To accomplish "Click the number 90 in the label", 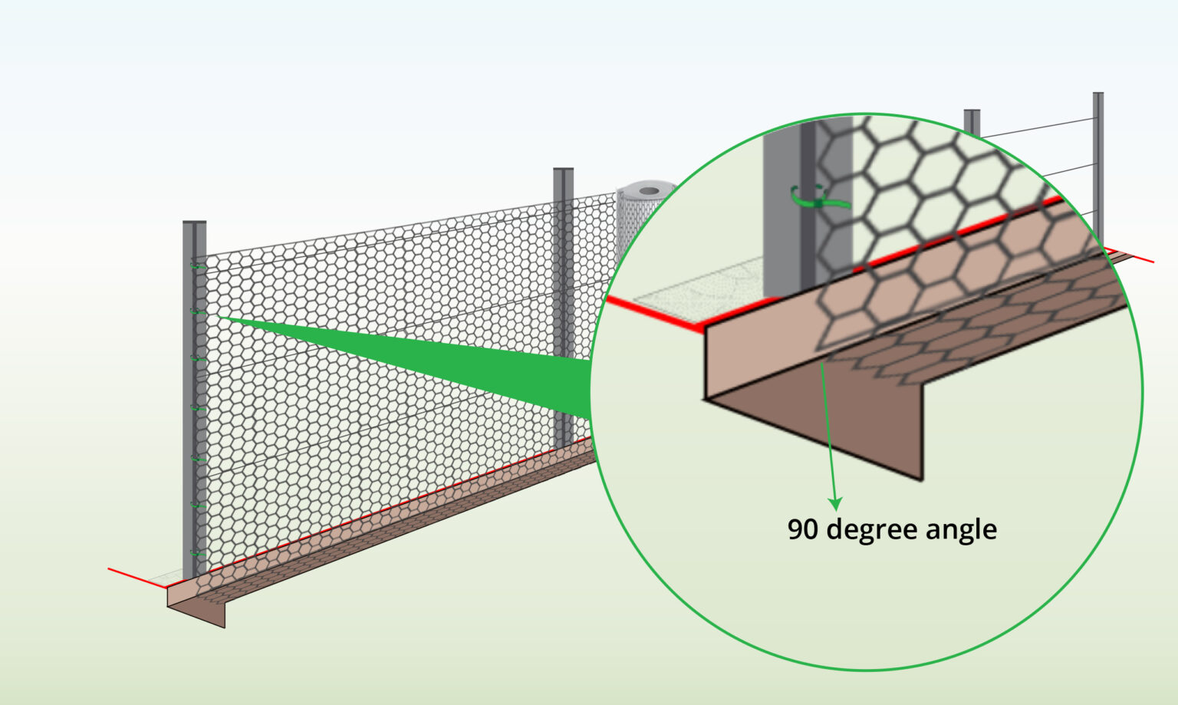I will coord(803,529).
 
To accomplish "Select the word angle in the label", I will coord(961,530).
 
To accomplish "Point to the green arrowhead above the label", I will coord(836,503).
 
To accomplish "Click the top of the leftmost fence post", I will coord(194,224).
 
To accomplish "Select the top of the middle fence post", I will coord(563,170).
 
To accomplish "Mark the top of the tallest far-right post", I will coord(1098,95).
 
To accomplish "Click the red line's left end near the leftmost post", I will coord(110,569).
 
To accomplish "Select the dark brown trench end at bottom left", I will coord(198,611).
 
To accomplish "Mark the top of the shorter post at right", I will coord(972,112).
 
